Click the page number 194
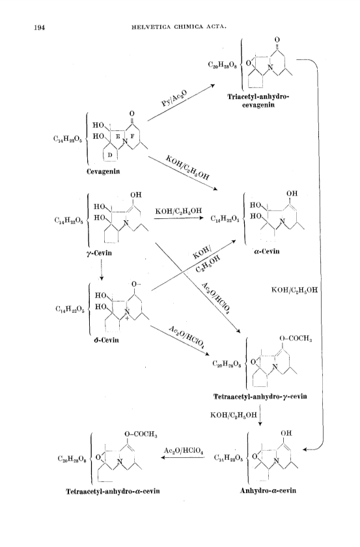(x=40, y=27)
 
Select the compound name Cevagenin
(x=104, y=171)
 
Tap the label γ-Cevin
(x=99, y=253)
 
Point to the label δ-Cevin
(x=106, y=340)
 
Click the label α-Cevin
(x=267, y=251)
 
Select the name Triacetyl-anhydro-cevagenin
(x=258, y=100)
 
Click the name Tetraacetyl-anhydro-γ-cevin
(x=260, y=397)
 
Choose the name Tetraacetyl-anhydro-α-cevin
(x=113, y=491)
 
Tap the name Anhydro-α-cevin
(x=268, y=490)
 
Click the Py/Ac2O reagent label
(x=174, y=98)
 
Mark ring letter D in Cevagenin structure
(x=109, y=155)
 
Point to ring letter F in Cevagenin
(x=132, y=136)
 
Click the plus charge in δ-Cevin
(x=127, y=318)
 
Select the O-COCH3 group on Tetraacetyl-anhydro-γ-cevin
(x=296, y=338)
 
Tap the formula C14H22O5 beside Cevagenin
(x=68, y=139)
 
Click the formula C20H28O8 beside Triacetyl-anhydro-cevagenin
(x=222, y=64)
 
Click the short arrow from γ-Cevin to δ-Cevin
(x=101, y=270)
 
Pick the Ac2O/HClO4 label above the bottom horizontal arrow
(x=184, y=451)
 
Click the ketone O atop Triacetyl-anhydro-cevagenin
(x=277, y=40)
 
